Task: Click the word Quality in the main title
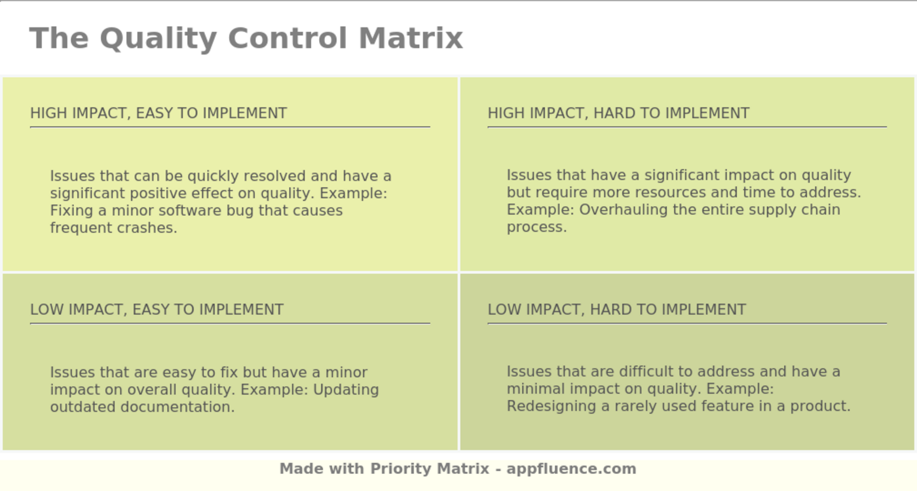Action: (x=158, y=39)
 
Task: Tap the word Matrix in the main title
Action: (x=411, y=38)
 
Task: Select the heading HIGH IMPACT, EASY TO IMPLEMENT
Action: (x=159, y=113)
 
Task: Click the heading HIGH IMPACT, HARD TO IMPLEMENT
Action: (x=618, y=113)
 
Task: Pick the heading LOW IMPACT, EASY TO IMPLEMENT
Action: (x=157, y=310)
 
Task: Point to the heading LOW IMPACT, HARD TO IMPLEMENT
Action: (x=616, y=310)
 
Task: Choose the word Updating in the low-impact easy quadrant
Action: (x=346, y=390)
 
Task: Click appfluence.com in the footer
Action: (x=571, y=469)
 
